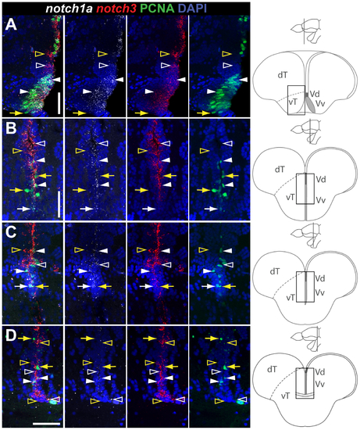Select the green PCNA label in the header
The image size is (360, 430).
point(157,9)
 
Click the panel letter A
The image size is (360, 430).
point(11,26)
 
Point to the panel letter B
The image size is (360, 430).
point(11,129)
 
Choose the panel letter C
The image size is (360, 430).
point(11,232)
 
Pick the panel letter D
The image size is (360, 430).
point(11,336)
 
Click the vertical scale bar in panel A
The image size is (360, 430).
point(59,103)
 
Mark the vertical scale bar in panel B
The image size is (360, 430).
point(59,204)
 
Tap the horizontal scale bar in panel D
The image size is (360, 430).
point(46,424)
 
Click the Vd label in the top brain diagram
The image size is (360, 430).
point(315,94)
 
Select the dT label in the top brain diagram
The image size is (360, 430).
point(283,75)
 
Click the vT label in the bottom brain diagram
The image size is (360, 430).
point(286,396)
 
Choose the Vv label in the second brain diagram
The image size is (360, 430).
point(320,199)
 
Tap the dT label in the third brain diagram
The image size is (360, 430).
point(275,271)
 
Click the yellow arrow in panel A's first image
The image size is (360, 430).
point(16,113)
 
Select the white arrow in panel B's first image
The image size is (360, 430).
point(23,209)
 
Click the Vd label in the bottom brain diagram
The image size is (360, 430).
point(320,372)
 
